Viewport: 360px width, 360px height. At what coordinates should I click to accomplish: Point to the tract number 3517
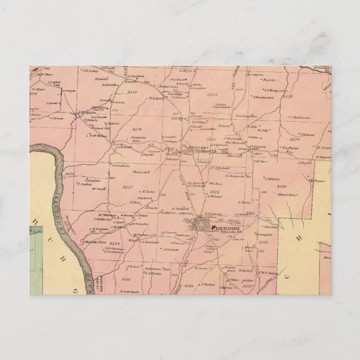pos(127,185)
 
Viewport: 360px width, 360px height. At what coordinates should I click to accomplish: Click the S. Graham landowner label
pos(121,165)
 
